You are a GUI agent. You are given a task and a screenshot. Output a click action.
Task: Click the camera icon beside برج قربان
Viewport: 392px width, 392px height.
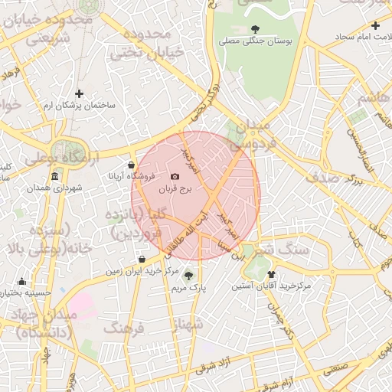tap(175, 177)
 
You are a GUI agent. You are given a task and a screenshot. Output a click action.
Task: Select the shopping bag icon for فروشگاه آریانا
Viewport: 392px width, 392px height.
tap(132, 165)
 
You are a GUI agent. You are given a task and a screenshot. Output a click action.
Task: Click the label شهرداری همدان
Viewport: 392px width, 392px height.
tap(54, 188)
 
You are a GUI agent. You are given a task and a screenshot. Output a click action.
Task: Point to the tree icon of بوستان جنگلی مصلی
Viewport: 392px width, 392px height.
tap(255, 29)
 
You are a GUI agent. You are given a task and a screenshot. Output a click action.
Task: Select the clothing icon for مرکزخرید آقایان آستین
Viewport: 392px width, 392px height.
tap(272, 274)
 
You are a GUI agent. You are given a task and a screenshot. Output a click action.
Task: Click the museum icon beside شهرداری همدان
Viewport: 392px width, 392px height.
tap(54, 177)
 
